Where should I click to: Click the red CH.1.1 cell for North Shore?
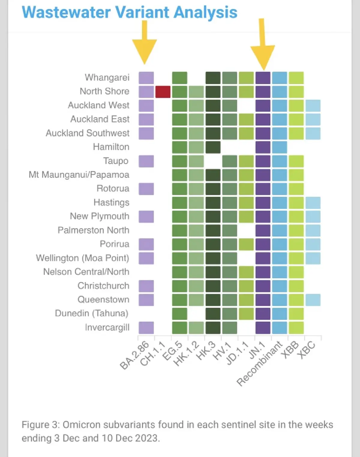[163, 92]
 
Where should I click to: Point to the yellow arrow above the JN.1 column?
[262, 44]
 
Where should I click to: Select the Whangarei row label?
[107, 77]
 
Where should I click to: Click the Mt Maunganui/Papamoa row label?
[79, 175]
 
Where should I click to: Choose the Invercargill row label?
[107, 327]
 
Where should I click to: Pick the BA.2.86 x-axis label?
[134, 356]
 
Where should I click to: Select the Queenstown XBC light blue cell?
[313, 300]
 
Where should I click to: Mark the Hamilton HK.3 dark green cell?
[213, 147]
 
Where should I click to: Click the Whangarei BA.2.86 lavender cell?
[146, 78]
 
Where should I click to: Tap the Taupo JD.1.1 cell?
[246, 161]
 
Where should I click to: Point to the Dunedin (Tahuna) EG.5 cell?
[179, 314]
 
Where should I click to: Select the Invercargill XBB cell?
[296, 328]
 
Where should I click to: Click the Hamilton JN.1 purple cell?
[263, 147]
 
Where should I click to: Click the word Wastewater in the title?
[66, 12]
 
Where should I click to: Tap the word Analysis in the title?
[205, 13]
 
